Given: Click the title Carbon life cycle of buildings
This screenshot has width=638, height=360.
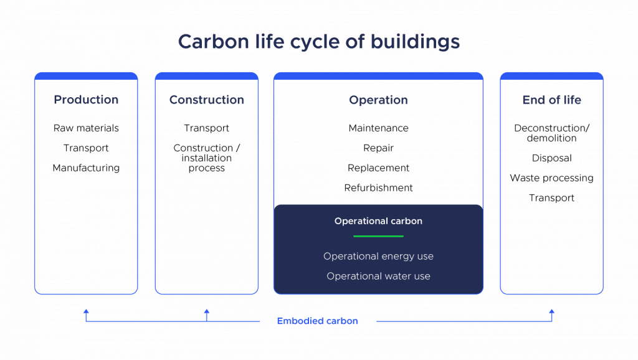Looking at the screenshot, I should [318, 42].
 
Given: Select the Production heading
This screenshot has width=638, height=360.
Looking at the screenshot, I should [86, 100].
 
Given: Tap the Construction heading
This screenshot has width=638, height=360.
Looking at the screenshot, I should [206, 100].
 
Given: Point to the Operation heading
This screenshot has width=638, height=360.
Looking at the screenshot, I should [378, 100].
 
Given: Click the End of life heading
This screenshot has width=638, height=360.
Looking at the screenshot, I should [551, 100].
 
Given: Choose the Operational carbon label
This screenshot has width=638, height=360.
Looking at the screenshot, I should [378, 221].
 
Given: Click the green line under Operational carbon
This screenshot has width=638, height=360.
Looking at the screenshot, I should [378, 236].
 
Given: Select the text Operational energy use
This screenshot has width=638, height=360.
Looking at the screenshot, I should [378, 256].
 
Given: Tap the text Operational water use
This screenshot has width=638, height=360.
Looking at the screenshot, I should [378, 276].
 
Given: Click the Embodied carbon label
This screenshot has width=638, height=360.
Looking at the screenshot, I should [317, 321].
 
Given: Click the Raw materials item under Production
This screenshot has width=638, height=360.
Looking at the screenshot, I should [85, 128].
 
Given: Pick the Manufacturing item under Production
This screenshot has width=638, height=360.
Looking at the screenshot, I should [86, 168].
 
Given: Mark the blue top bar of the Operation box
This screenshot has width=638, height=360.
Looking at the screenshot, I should [378, 76].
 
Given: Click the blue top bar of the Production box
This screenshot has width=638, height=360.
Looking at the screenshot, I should [86, 76].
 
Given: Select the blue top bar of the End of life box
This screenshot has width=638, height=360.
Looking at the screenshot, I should [551, 76].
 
